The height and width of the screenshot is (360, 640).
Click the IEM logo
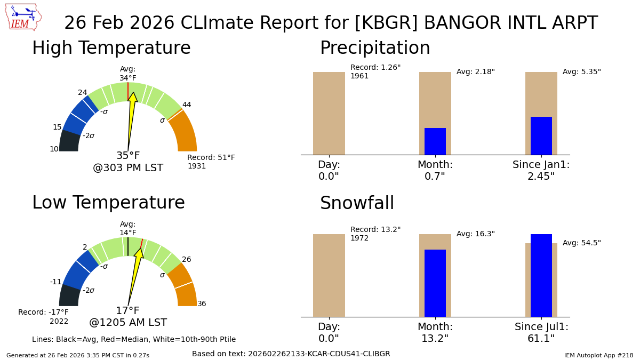[x=23, y=17]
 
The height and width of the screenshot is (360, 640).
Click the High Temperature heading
[x=111, y=49]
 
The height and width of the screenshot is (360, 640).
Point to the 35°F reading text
[x=128, y=156]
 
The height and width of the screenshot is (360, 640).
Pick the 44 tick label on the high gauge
[x=187, y=105]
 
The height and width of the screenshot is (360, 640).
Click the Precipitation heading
[x=375, y=49]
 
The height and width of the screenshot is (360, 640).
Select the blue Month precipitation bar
[x=435, y=141]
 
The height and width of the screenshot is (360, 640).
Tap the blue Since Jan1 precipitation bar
[x=541, y=136]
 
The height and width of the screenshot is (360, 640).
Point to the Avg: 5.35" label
[x=581, y=72]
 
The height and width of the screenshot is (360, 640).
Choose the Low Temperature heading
[x=108, y=203]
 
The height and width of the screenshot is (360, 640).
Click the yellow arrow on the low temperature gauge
[x=135, y=272]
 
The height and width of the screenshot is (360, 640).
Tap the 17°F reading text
[x=128, y=311]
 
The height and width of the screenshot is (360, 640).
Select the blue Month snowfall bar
[x=435, y=283]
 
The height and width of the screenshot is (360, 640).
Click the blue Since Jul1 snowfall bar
[x=541, y=275]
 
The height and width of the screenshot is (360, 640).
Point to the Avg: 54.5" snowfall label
[x=581, y=243]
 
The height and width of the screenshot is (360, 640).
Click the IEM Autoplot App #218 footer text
[x=598, y=355]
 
